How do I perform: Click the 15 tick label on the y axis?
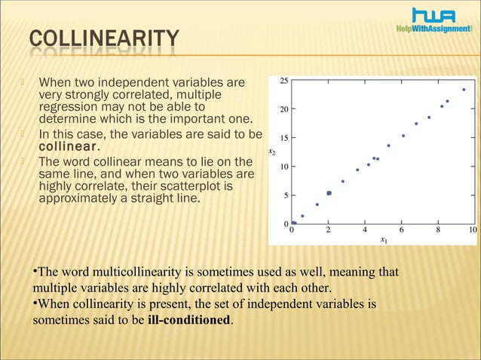283,138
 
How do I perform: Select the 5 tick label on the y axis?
284,195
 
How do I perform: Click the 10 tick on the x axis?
473,230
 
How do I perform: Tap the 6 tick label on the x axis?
402,230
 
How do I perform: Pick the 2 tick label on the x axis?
329,230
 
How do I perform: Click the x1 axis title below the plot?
384,240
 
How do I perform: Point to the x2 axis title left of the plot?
271,152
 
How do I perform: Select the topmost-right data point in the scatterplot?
464,90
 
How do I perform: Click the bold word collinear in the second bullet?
67,145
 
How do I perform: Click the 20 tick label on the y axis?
283,109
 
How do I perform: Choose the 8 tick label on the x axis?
439,230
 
